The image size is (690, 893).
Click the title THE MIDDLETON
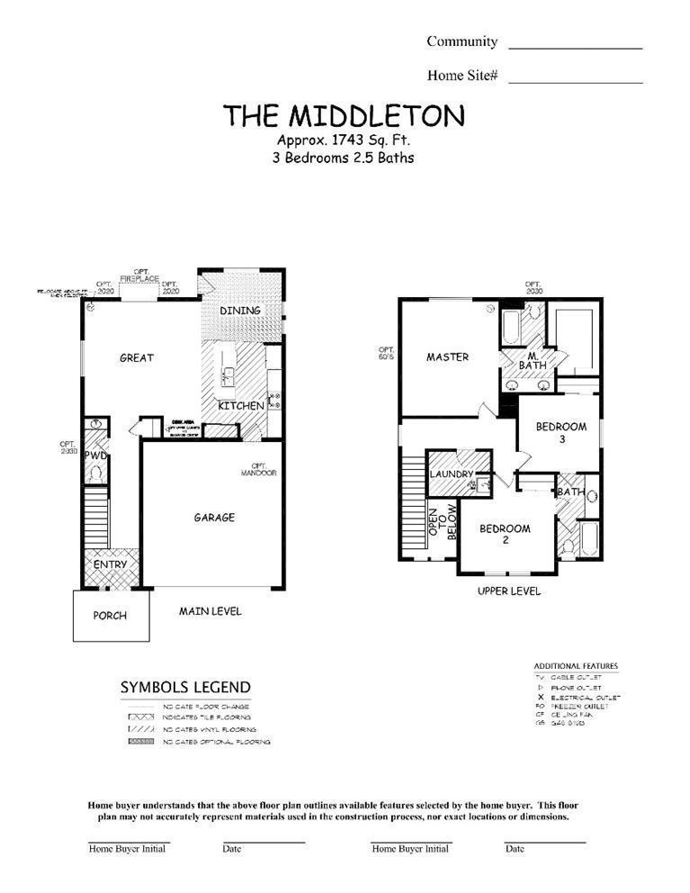pos(345,115)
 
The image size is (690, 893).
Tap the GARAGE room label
pos(214,518)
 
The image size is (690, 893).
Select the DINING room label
pos(240,311)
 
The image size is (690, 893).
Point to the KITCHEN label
pos(241,406)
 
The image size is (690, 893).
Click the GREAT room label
pos(137,357)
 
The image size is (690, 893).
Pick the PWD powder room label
pos(96,456)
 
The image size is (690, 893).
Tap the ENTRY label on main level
pos(112,564)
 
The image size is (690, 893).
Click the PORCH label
pos(110,616)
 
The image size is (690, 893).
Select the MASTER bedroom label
pos(447,357)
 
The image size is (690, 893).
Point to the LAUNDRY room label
pos(452,474)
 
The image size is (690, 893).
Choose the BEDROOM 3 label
pos(561,432)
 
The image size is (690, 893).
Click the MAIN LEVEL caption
pos(210,611)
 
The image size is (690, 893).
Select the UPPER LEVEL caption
pos(509,591)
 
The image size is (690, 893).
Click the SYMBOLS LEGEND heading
pos(185,688)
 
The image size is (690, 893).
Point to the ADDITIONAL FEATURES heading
pos(576,666)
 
